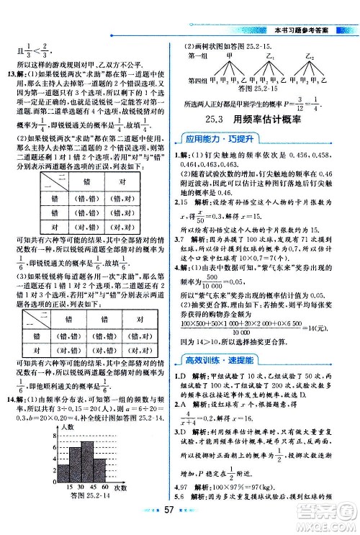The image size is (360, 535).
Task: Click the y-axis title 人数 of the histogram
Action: (67, 427)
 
